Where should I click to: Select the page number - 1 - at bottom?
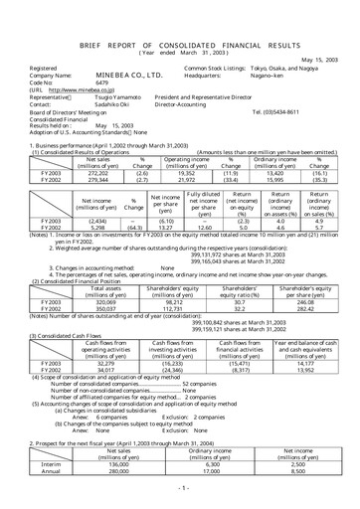point(179,490)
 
